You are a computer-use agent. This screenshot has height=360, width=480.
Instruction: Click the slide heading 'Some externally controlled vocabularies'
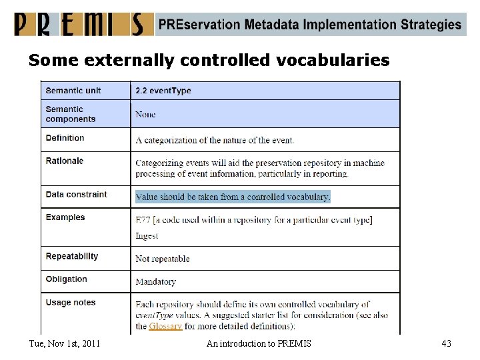pos(209,61)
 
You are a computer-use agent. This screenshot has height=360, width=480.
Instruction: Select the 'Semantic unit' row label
pos(73,90)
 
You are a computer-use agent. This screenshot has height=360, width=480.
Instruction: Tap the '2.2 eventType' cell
pos(163,91)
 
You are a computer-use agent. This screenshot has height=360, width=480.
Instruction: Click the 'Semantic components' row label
pos(71,114)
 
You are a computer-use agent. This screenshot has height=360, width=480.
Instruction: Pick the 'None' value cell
pos(145,114)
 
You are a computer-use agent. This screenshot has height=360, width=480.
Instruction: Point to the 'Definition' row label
pos(65,138)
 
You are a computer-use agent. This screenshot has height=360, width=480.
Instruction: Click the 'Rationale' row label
pos(65,161)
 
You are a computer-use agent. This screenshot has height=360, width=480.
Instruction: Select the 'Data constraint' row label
pos(76,195)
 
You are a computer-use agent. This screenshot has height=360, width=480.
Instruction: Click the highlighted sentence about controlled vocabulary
pos(233,197)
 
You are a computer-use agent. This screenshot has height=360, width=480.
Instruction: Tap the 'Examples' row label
pos(65,217)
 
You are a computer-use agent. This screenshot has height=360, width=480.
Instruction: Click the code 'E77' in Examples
pos(143,220)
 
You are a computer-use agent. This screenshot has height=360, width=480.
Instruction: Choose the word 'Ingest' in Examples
pos(147,235)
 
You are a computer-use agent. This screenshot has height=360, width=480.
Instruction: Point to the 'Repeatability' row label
pos(72,257)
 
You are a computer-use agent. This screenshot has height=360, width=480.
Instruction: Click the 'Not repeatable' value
pos(163,259)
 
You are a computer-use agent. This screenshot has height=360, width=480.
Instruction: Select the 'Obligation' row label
pos(67,279)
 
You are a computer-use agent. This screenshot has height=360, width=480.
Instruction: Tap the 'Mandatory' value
pos(155,281)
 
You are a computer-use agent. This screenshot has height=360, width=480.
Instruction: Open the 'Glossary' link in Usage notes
pos(165,326)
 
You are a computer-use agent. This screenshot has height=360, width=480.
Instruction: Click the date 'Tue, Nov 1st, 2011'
pos(65,343)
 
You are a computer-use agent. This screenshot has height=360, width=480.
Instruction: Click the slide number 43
pos(446,343)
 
